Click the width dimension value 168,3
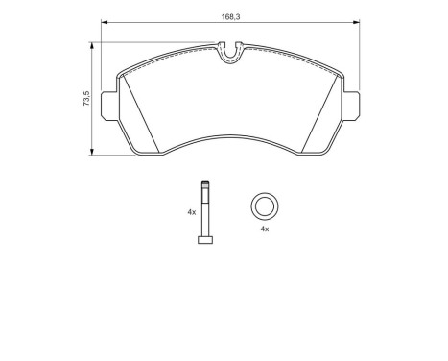click(x=229, y=14)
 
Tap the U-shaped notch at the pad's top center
click(x=230, y=55)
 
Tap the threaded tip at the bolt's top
click(x=204, y=186)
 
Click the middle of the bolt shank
click(x=204, y=213)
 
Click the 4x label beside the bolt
click(x=192, y=211)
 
